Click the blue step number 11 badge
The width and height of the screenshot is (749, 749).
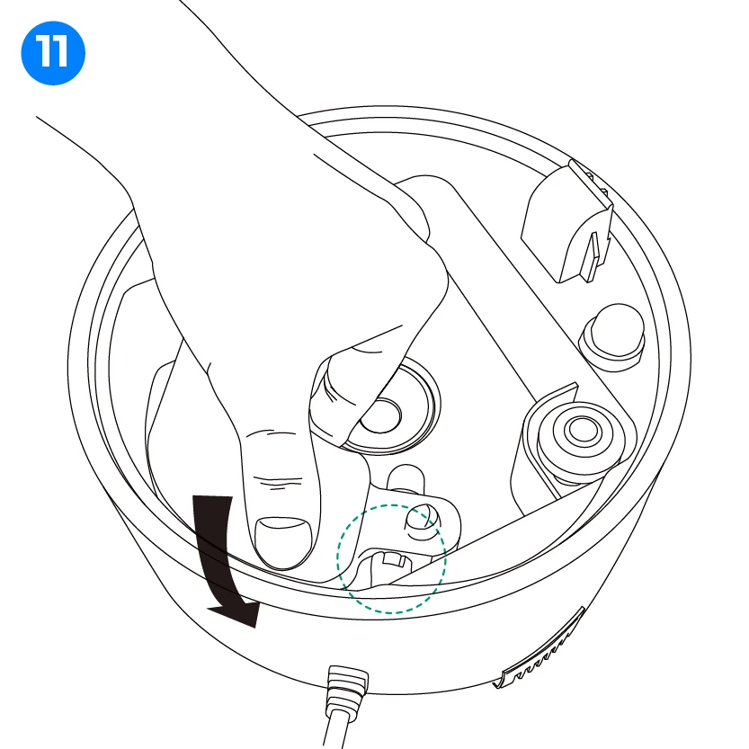(x=53, y=53)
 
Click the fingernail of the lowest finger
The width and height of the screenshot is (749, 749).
(x=282, y=542)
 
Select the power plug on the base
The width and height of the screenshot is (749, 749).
(x=347, y=688)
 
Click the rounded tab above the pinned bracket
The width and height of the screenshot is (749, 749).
(x=406, y=477)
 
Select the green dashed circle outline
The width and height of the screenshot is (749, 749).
(x=337, y=559)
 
